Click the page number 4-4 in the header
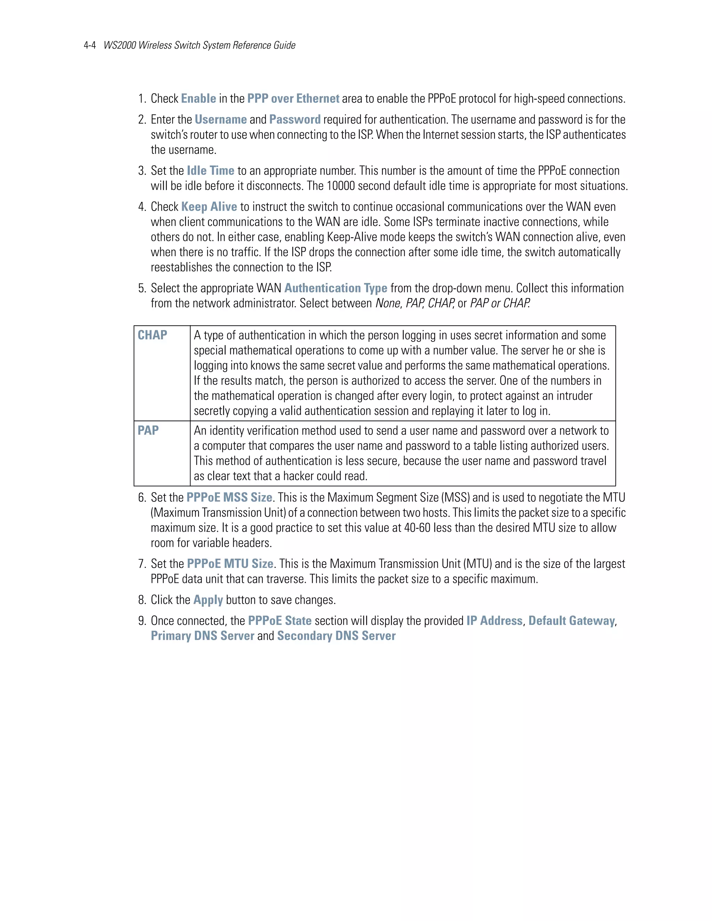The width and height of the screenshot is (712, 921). (x=90, y=46)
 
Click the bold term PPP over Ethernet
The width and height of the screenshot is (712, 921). (x=293, y=99)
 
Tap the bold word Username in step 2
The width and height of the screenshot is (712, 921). (x=221, y=120)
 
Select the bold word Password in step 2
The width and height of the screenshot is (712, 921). (x=295, y=120)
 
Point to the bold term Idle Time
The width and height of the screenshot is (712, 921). (x=210, y=171)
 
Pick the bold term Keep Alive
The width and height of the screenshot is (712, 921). (x=209, y=207)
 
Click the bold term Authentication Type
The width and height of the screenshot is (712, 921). (x=336, y=288)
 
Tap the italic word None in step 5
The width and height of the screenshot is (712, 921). (x=388, y=304)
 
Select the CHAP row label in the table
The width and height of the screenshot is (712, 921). (x=152, y=335)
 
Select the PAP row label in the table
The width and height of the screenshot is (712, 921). (x=148, y=431)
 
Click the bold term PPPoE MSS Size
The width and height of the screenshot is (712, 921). (x=229, y=498)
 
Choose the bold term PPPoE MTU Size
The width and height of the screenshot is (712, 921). (x=230, y=564)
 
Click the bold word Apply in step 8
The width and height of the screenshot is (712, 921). (x=208, y=600)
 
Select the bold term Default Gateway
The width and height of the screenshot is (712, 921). (x=572, y=621)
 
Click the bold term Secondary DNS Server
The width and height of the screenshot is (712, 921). (x=336, y=636)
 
